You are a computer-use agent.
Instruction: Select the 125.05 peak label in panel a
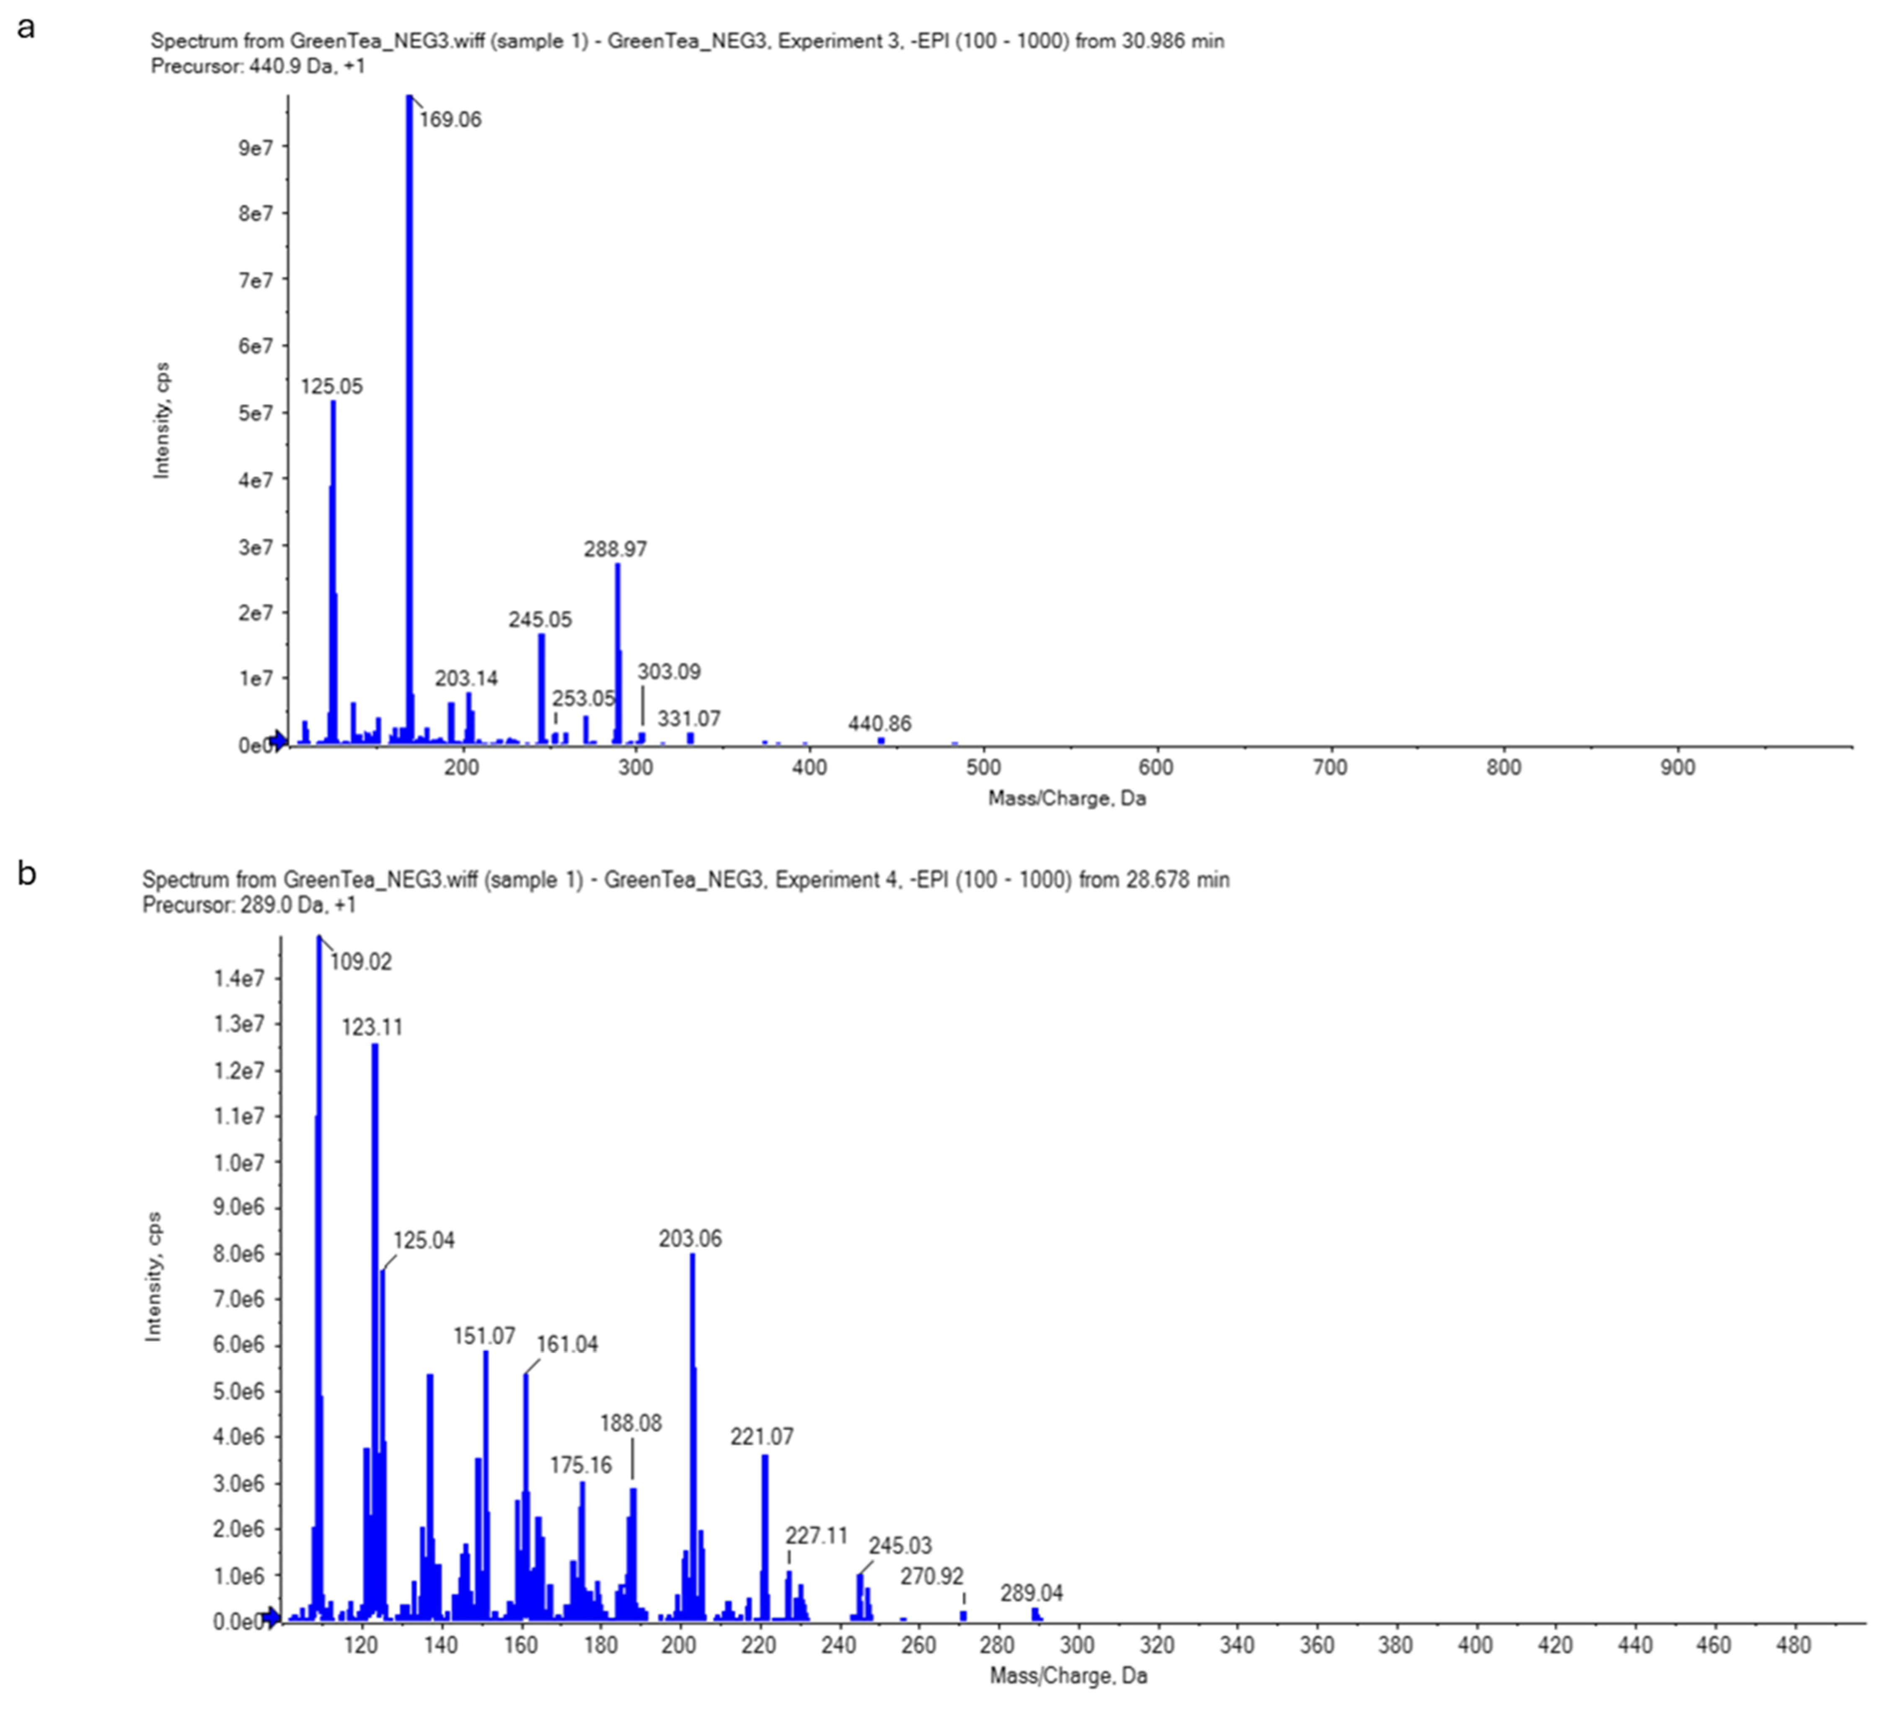point(331,387)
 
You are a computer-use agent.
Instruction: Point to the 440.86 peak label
point(879,724)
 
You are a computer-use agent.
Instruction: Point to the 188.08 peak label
point(630,1423)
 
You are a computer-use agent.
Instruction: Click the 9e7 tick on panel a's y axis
point(256,148)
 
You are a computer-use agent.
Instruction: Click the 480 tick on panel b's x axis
point(1793,1645)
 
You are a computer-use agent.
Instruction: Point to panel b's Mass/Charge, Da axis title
point(1068,1675)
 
